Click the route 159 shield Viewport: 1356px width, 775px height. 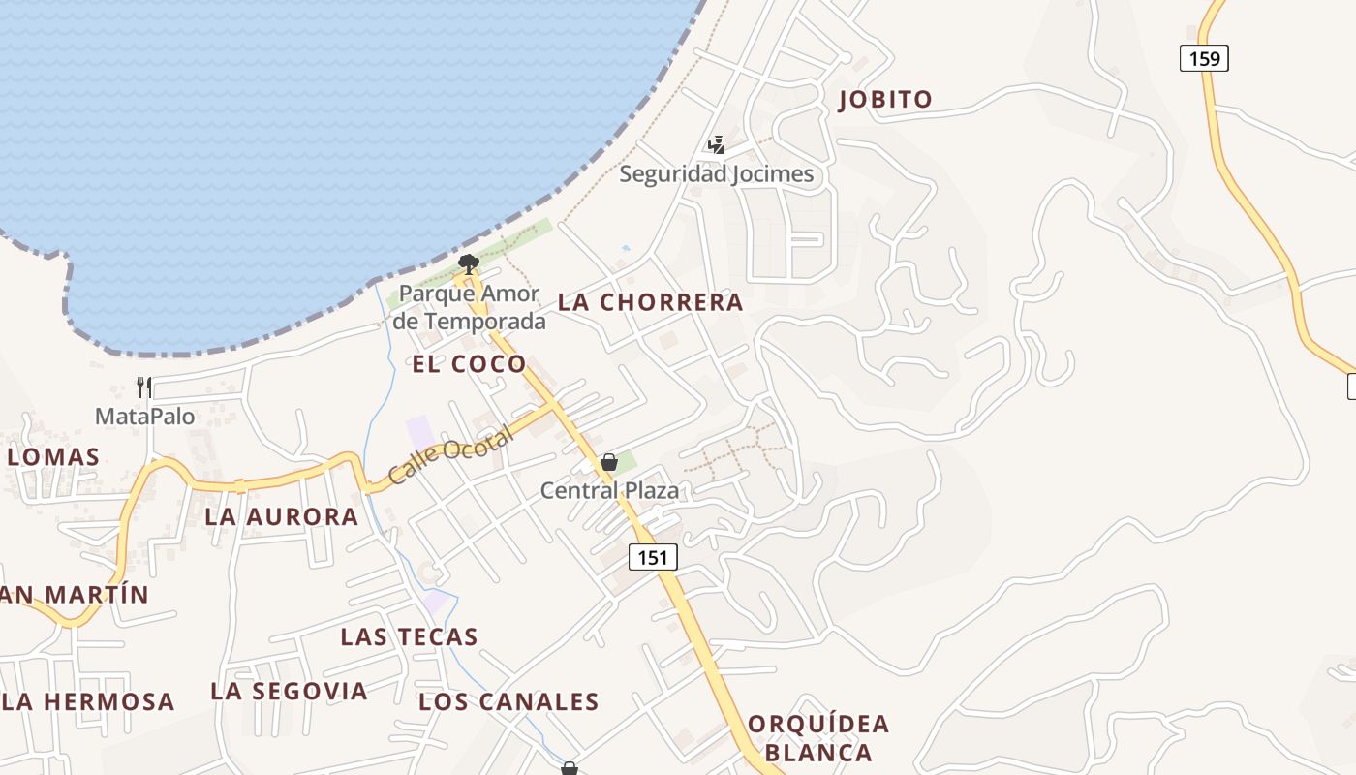[1204, 59]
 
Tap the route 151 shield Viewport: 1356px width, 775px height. [653, 557]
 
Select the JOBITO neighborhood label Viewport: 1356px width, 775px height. [885, 99]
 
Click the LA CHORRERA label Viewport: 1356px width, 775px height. [651, 302]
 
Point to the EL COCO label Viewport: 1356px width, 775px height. [470, 364]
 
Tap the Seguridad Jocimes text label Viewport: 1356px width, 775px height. [716, 174]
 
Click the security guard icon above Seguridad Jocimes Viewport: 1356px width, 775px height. [716, 145]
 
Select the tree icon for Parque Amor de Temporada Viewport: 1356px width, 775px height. [469, 263]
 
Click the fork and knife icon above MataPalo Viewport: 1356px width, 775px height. [144, 387]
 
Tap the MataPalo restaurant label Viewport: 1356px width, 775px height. [144, 417]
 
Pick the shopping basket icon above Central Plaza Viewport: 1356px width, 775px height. [608, 462]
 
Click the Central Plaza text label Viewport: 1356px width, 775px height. [609, 490]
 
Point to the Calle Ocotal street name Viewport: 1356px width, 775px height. [450, 456]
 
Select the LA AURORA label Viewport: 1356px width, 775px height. [282, 517]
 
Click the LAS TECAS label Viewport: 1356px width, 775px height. [409, 636]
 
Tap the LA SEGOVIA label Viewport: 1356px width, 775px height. [289, 691]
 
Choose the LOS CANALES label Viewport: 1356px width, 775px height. [508, 701]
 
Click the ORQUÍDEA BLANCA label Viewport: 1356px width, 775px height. [818, 738]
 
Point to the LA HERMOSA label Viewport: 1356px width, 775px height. [89, 701]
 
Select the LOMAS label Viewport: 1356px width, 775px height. [53, 457]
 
